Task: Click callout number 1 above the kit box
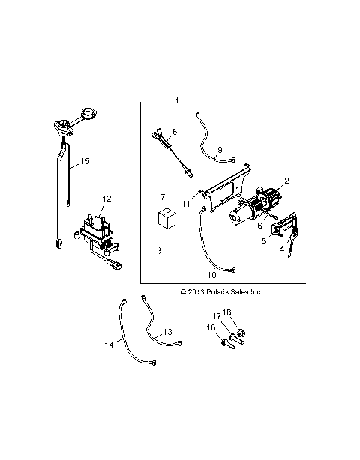[177, 100]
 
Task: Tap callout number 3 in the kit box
[159, 250]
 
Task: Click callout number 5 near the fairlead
[263, 241]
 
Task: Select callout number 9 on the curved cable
[220, 150]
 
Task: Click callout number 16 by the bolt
[211, 327]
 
